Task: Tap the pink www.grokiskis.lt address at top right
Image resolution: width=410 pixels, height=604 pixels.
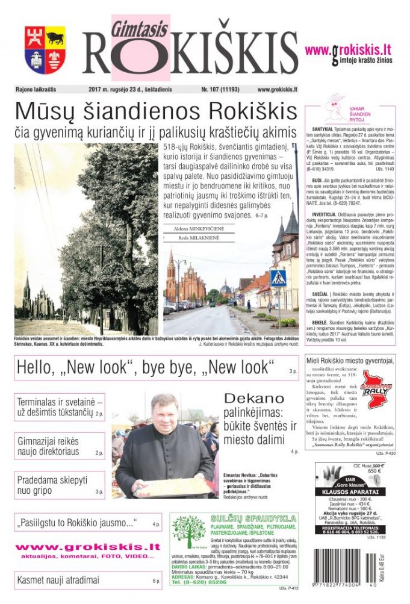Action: (348, 49)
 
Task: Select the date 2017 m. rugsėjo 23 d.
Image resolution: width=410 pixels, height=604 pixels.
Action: (129, 89)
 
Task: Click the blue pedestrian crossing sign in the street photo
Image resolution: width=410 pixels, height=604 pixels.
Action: (278, 278)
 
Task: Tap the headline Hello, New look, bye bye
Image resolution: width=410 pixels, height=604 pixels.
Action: (145, 367)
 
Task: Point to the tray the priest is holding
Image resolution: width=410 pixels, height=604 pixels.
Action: (175, 487)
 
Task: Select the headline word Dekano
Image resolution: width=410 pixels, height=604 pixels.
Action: (253, 399)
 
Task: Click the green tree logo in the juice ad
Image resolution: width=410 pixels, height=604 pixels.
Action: (188, 532)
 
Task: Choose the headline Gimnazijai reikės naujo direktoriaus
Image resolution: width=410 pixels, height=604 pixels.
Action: (48, 446)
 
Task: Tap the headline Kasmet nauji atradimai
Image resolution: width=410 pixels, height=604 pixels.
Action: (58, 581)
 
